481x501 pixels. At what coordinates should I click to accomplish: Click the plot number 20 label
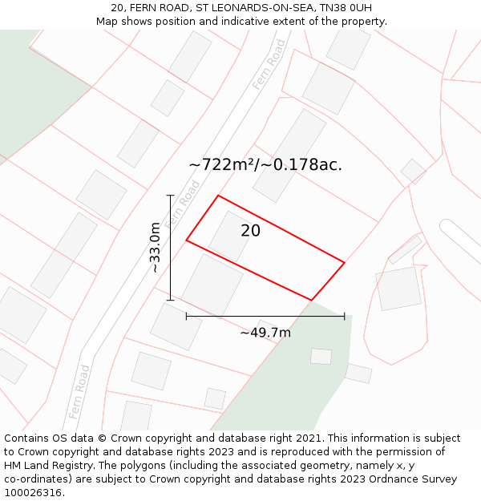tap(251, 231)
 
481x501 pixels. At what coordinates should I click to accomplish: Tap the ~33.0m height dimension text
tap(155, 248)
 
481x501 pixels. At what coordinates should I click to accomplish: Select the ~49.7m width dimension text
tap(265, 333)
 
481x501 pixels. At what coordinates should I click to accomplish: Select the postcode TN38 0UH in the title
tap(346, 8)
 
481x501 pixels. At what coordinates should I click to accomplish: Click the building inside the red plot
tap(231, 235)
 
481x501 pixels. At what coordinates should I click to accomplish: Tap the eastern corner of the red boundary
tap(344, 262)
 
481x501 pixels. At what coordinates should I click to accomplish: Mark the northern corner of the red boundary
tap(218, 196)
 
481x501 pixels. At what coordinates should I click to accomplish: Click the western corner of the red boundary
tap(187, 240)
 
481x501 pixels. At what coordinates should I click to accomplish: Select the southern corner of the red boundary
tap(311, 300)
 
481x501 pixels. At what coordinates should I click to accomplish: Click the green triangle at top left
tap(32, 88)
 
